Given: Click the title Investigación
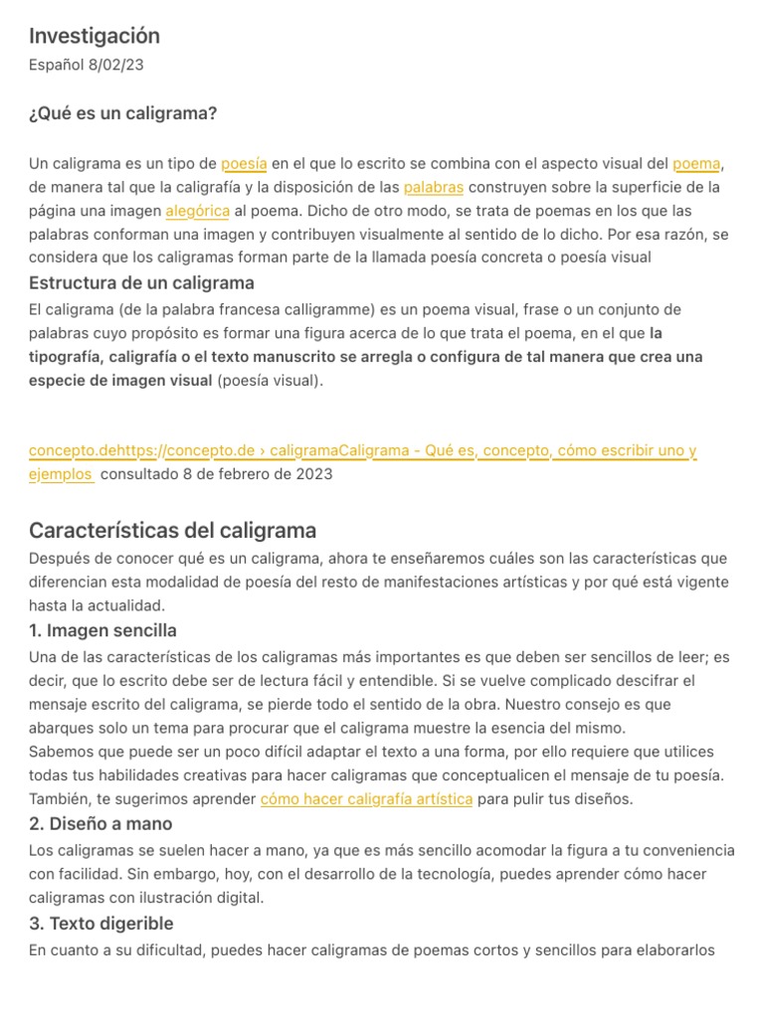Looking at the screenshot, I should tap(95, 37).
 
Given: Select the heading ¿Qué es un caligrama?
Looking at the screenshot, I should tap(122, 113).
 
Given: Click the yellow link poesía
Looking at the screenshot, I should tap(244, 163).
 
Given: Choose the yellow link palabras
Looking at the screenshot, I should tap(434, 187).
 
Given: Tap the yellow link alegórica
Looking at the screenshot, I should tap(198, 211).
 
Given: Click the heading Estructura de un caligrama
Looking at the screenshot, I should tap(141, 283).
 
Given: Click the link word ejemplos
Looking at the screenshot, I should tap(61, 474).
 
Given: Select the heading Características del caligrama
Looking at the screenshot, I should tap(172, 530).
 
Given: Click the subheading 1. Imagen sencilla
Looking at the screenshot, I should tap(102, 630).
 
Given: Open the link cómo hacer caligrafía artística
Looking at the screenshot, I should tap(366, 799).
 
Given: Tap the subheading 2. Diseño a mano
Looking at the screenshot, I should tap(100, 823).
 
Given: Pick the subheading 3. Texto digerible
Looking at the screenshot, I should tap(101, 924).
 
